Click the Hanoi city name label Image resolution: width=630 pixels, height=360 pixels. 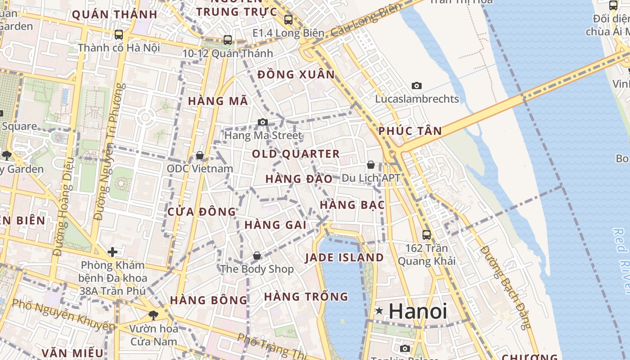coord(418,311)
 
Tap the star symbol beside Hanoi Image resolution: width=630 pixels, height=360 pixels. coord(379,310)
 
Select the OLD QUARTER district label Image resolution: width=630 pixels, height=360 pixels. coord(296,154)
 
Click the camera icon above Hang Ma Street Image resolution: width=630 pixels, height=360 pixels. coord(262,122)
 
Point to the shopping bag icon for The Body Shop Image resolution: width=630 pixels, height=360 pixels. coord(257,256)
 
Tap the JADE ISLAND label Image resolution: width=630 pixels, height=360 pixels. coord(344,258)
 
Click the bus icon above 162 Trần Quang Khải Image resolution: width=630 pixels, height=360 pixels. coord(426,234)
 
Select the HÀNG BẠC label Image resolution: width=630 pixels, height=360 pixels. coord(352,205)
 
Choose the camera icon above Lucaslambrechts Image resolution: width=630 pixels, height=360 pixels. coord(417,85)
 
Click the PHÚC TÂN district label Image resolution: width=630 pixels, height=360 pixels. coord(410,131)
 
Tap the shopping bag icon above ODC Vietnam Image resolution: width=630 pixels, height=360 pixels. coord(200,155)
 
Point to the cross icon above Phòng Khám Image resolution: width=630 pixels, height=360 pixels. coord(112,252)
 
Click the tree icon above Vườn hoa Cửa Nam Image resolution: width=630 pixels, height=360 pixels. coord(153,315)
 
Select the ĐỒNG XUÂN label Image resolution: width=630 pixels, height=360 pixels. coord(296,75)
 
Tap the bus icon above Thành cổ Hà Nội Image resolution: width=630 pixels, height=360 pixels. coord(119,34)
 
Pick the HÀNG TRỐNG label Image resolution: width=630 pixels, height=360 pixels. coord(306,297)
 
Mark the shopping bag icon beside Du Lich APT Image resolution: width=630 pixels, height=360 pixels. coord(371,165)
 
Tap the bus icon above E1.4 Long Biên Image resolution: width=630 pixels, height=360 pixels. coord(288,19)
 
